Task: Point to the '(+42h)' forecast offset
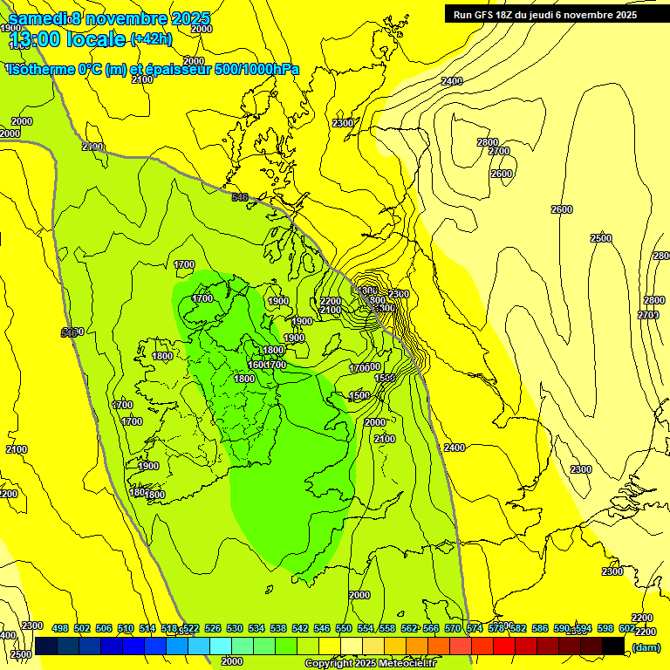(151, 38)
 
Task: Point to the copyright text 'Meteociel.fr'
(402, 664)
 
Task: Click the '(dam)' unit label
(646, 647)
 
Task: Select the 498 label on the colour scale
(60, 629)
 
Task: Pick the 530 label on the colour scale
(235, 629)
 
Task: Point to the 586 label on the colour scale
(540, 629)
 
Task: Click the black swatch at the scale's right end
(613, 646)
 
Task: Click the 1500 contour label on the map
(359, 395)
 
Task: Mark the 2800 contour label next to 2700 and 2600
(487, 142)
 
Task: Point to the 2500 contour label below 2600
(600, 238)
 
